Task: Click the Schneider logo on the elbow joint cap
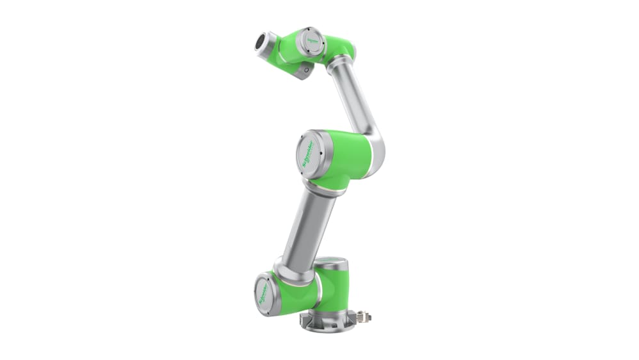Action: pos(310,151)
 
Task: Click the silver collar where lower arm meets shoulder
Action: pos(285,266)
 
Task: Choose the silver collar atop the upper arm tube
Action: pos(340,65)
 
